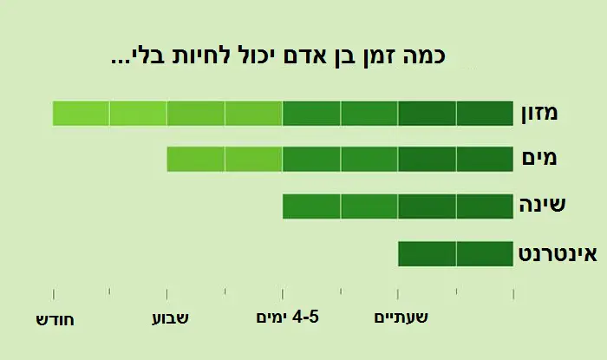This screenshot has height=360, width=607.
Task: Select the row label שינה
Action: (543, 206)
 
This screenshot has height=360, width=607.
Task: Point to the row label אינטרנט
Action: (558, 253)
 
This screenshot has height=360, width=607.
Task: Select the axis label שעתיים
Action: (401, 318)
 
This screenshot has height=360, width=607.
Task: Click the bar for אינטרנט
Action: (455, 254)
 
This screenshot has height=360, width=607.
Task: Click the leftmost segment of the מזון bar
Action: (81, 114)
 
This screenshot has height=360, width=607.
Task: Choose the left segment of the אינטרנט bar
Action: (427, 254)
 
